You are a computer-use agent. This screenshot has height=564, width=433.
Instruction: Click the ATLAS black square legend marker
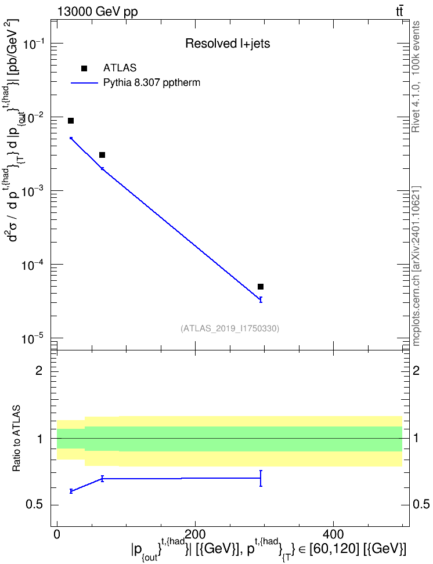[x=84, y=68]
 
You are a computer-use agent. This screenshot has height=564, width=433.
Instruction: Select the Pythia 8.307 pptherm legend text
[x=151, y=83]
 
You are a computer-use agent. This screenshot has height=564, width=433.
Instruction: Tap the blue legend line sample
[x=85, y=83]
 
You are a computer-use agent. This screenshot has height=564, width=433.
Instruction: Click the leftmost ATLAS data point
[x=71, y=121]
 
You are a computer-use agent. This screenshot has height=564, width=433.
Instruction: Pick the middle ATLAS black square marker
[x=102, y=155]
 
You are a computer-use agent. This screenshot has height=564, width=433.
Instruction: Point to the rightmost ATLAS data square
[x=261, y=287]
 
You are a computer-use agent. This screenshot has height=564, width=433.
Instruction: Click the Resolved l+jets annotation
[x=228, y=44]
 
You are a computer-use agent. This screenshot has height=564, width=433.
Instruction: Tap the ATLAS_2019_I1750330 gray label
[x=230, y=328]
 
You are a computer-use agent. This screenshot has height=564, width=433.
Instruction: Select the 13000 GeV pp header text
[x=98, y=12]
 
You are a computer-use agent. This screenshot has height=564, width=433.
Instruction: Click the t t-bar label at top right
[x=399, y=12]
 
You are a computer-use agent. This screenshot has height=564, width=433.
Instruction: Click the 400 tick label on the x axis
[x=333, y=534]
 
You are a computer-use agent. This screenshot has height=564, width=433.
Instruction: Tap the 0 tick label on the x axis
[x=57, y=534]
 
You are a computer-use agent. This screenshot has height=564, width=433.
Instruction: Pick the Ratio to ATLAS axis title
[x=16, y=439]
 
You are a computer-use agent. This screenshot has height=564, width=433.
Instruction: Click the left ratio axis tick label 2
[x=39, y=370]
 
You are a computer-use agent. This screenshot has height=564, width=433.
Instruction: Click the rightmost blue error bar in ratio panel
[x=261, y=478]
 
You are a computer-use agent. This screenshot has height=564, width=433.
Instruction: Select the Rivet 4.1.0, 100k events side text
[x=416, y=77]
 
